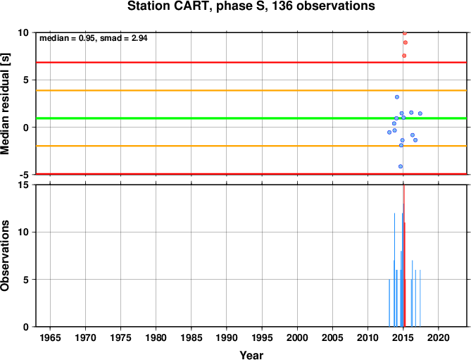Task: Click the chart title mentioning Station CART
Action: pyautogui.click(x=251, y=6)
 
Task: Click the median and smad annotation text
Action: pyautogui.click(x=94, y=38)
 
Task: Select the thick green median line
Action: pyautogui.click(x=251, y=118)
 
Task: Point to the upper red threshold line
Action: pyautogui.click(x=251, y=63)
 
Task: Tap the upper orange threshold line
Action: pyautogui.click(x=251, y=90)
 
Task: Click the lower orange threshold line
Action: pyautogui.click(x=251, y=146)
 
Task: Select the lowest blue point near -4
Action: pyautogui.click(x=401, y=166)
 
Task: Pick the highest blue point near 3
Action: pyautogui.click(x=397, y=97)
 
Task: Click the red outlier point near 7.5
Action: pyautogui.click(x=404, y=56)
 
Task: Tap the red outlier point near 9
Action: pyautogui.click(x=406, y=43)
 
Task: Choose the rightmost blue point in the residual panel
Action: pyautogui.click(x=420, y=113)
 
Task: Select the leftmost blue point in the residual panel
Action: pyautogui.click(x=389, y=132)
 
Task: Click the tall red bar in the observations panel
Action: pyautogui.click(x=404, y=256)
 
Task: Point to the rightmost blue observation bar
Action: pyautogui.click(x=420, y=299)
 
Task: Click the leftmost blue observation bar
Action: pyautogui.click(x=389, y=303)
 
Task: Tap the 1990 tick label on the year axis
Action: pyautogui.click(x=227, y=337)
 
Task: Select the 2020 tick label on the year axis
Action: pyautogui.click(x=438, y=337)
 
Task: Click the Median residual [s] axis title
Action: pyautogui.click(x=5, y=104)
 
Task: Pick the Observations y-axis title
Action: pyautogui.click(x=5, y=256)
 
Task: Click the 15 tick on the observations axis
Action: pyautogui.click(x=25, y=185)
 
